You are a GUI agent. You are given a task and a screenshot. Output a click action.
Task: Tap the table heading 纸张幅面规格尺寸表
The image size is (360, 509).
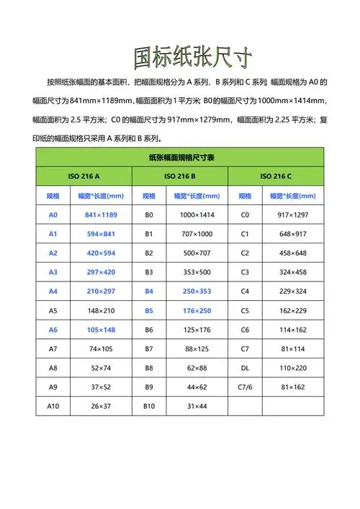tap(180, 156)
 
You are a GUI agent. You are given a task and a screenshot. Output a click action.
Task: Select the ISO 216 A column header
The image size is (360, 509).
tap(84, 176)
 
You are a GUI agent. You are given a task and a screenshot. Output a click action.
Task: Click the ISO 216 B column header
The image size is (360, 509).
tap(180, 176)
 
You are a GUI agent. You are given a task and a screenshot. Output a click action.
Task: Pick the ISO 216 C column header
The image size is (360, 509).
tap(276, 176)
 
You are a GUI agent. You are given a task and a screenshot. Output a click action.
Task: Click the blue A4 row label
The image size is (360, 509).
tap(53, 291)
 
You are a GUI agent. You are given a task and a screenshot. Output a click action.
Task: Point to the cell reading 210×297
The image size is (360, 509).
tap(100, 291)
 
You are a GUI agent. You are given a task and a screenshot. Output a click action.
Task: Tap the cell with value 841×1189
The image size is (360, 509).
tap(100, 215)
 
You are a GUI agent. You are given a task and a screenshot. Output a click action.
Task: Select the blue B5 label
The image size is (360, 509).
tap(149, 310)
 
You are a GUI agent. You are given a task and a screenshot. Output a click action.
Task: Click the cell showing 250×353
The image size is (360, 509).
tap(196, 291)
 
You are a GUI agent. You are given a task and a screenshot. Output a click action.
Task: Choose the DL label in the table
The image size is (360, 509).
tap(245, 367)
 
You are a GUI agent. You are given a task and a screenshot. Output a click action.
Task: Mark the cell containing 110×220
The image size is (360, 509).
tap(292, 367)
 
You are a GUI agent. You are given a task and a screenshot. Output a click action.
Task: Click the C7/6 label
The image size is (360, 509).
tap(245, 387)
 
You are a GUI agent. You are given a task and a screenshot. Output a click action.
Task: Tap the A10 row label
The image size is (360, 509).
tap(53, 406)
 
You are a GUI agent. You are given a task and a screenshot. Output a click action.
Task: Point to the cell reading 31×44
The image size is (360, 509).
tap(196, 406)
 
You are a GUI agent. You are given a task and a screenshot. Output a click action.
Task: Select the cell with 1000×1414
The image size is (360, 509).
tap(196, 215)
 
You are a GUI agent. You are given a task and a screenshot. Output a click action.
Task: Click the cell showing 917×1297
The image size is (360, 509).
tap(292, 215)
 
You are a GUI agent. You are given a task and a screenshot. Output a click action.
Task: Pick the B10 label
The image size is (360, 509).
tap(149, 406)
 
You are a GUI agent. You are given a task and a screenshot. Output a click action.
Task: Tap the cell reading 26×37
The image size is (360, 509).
tap(100, 406)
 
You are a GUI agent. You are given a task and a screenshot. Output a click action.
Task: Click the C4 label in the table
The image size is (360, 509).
tap(245, 291)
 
